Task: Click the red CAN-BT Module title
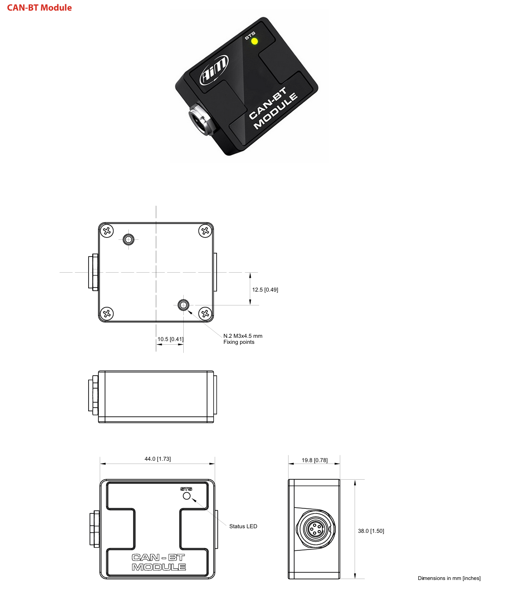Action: pos(39,7)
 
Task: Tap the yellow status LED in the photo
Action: pos(254,42)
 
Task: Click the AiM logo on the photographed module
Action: pos(214,70)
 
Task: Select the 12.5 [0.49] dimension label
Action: pos(265,290)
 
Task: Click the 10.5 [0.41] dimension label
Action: pos(170,339)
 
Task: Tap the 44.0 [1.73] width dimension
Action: pos(157,458)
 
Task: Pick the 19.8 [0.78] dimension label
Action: pos(314,460)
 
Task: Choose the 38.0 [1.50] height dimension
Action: pos(371,531)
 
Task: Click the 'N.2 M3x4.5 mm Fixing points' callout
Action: pos(243,339)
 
